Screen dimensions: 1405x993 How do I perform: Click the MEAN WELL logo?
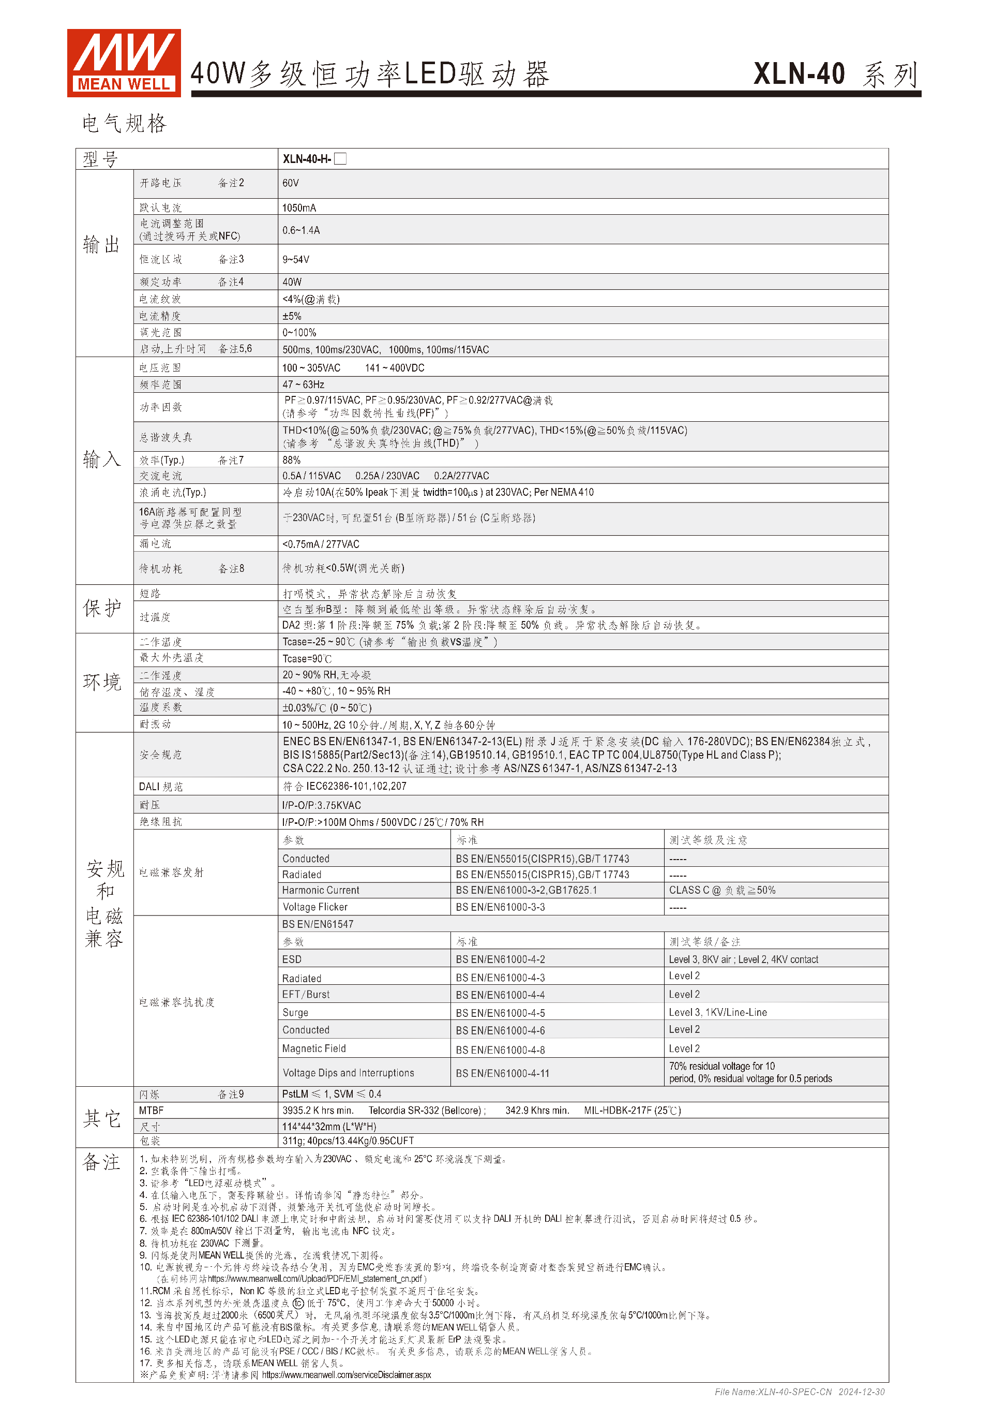pos(124,63)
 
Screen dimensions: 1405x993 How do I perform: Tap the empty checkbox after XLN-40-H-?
pos(341,159)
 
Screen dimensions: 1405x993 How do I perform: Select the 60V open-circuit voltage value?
pos(291,184)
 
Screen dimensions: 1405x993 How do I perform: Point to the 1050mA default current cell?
pos(299,208)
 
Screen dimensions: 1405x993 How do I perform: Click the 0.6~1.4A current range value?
pos(301,231)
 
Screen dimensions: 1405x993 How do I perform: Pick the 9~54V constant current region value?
pos(296,259)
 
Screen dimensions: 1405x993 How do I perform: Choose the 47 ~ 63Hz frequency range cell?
pos(303,385)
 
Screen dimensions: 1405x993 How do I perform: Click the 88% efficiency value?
pos(292,460)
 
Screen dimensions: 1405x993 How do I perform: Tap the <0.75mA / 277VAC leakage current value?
pos(321,544)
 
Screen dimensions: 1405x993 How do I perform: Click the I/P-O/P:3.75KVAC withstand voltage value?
pos(322,805)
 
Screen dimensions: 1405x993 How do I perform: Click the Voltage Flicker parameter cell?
pos(315,907)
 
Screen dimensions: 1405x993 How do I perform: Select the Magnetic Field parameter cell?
pos(314,1049)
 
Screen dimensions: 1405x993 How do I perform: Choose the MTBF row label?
pos(151,1111)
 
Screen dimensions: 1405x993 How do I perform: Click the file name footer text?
pos(799,1392)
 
